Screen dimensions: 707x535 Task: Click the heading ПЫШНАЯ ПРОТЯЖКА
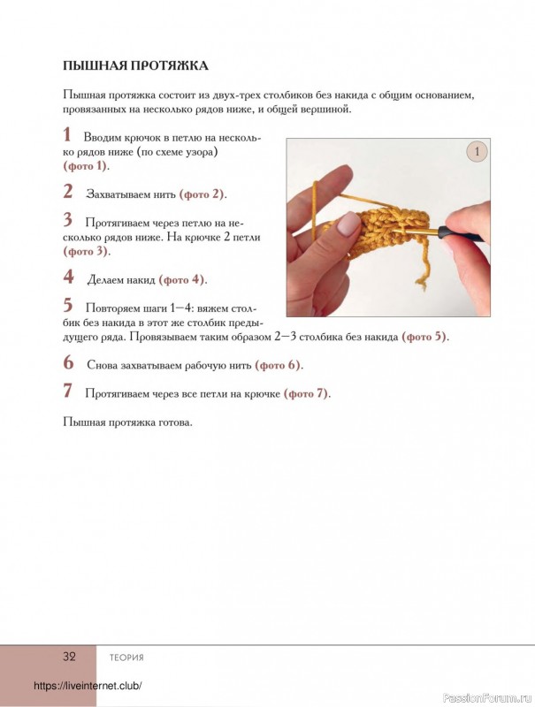point(135,65)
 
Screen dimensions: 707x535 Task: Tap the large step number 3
point(67,219)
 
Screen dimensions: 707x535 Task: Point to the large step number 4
point(68,277)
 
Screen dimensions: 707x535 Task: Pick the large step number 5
point(68,306)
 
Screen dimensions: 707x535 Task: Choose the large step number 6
point(68,361)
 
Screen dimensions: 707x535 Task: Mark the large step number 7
point(67,391)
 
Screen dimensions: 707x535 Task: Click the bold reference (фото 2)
point(203,194)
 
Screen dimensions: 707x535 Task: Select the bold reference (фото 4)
point(182,280)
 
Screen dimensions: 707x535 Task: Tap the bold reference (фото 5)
point(425,337)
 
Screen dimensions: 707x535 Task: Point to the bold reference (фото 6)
point(279,365)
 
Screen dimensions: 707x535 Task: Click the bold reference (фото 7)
point(307,393)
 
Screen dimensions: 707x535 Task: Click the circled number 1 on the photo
point(477,152)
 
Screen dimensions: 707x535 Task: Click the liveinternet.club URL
point(88,687)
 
